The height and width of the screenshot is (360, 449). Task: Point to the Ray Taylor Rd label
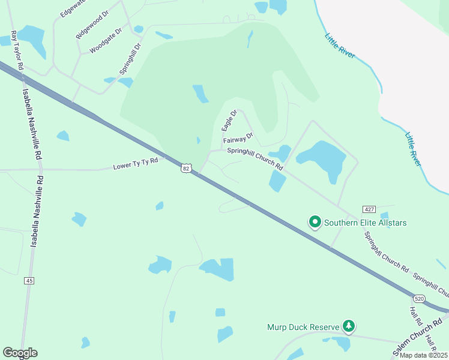(16, 50)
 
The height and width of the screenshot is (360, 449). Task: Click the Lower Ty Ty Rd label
(135, 163)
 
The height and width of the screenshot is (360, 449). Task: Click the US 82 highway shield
(186, 169)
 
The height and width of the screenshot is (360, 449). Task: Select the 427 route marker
(369, 209)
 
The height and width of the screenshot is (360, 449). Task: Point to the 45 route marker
(29, 280)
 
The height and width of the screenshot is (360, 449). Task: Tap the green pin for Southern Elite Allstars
(315, 222)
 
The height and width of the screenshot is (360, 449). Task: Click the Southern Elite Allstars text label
(366, 223)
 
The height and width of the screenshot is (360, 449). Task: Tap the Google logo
(20, 353)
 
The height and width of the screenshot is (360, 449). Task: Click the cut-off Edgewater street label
(72, 8)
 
